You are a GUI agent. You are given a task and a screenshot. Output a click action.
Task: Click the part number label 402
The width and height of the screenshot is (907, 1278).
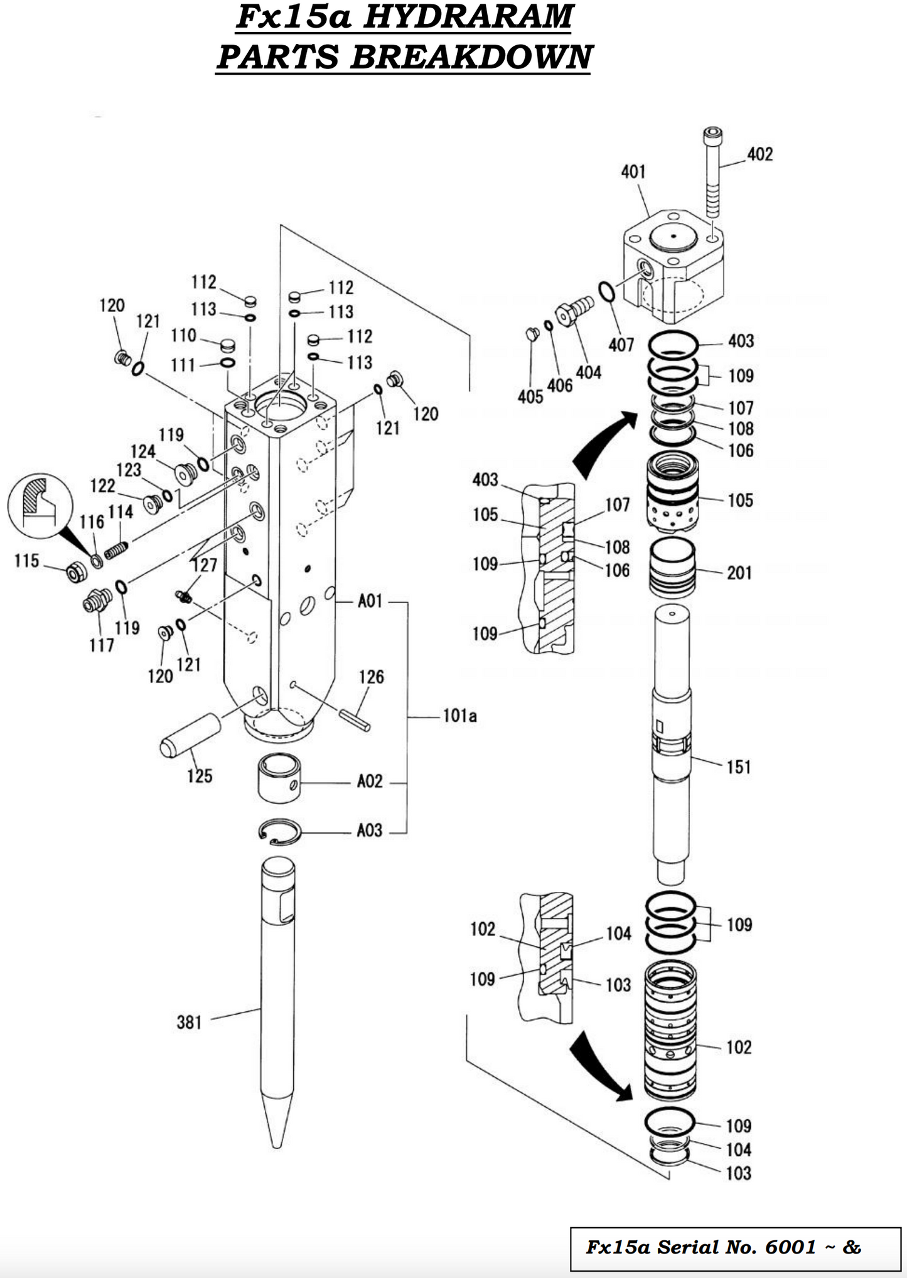759,154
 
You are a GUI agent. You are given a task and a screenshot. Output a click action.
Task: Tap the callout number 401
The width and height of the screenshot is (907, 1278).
633,171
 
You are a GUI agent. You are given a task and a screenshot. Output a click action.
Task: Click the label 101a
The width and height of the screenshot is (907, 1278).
459,716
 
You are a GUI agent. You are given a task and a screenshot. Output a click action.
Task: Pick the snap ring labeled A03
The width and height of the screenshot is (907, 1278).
280,832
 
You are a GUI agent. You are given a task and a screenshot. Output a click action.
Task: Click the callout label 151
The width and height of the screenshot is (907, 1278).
738,766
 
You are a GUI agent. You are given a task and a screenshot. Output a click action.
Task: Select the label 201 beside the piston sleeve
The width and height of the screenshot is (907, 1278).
739,572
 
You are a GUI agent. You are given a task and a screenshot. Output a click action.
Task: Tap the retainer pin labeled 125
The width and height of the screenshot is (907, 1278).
190,735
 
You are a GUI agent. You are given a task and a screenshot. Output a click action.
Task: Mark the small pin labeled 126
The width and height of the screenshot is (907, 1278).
355,719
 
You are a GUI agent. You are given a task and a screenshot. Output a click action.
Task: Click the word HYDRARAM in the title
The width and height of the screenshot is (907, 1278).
468,17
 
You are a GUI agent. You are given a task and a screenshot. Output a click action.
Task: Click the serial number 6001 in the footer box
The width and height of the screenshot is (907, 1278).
790,1247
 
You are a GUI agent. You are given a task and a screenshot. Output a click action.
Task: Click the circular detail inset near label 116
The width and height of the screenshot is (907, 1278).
40,505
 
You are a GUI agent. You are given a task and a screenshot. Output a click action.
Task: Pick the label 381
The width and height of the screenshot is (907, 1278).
189,1023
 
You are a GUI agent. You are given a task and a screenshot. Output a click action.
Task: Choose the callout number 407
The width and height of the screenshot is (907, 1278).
621,345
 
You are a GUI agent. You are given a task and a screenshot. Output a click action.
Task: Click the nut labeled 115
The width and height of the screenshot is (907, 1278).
77,571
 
